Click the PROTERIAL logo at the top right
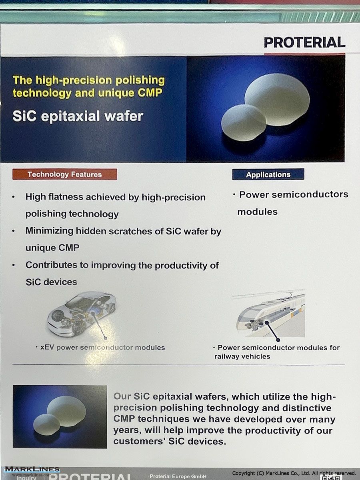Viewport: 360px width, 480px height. click(x=304, y=42)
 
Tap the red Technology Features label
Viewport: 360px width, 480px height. click(x=65, y=174)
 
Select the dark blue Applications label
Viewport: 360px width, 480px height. click(x=268, y=174)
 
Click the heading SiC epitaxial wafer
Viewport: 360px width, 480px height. click(x=78, y=116)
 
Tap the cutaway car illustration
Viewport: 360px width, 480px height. click(x=81, y=314)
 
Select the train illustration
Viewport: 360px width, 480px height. click(x=271, y=313)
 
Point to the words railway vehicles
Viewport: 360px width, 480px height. click(x=242, y=356)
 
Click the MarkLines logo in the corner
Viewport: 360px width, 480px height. click(x=32, y=469)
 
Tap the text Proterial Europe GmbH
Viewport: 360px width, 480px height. click(x=178, y=476)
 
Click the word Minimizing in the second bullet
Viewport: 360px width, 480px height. click(x=49, y=231)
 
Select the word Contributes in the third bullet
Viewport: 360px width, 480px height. click(x=51, y=265)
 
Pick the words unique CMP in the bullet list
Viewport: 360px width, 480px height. click(x=52, y=248)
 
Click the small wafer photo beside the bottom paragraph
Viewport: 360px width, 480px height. click(x=60, y=417)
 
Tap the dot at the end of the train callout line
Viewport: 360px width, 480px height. click(x=278, y=340)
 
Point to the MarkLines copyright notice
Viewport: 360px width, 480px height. click(x=294, y=473)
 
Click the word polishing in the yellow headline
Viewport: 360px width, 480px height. click(x=140, y=80)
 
